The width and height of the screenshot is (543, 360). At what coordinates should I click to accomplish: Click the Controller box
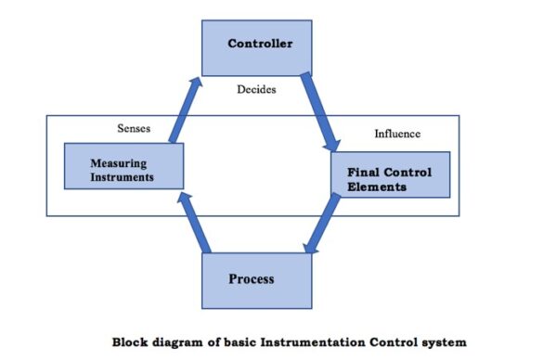coord(256,45)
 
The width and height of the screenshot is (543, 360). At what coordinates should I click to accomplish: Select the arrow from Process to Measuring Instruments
coord(195,220)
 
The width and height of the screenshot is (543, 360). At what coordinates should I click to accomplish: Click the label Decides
coord(256,91)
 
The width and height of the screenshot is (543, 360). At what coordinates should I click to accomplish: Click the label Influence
coord(397,134)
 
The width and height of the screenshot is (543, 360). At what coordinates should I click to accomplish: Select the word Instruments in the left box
coord(123,176)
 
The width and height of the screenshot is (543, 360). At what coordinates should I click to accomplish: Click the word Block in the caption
coord(131,341)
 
